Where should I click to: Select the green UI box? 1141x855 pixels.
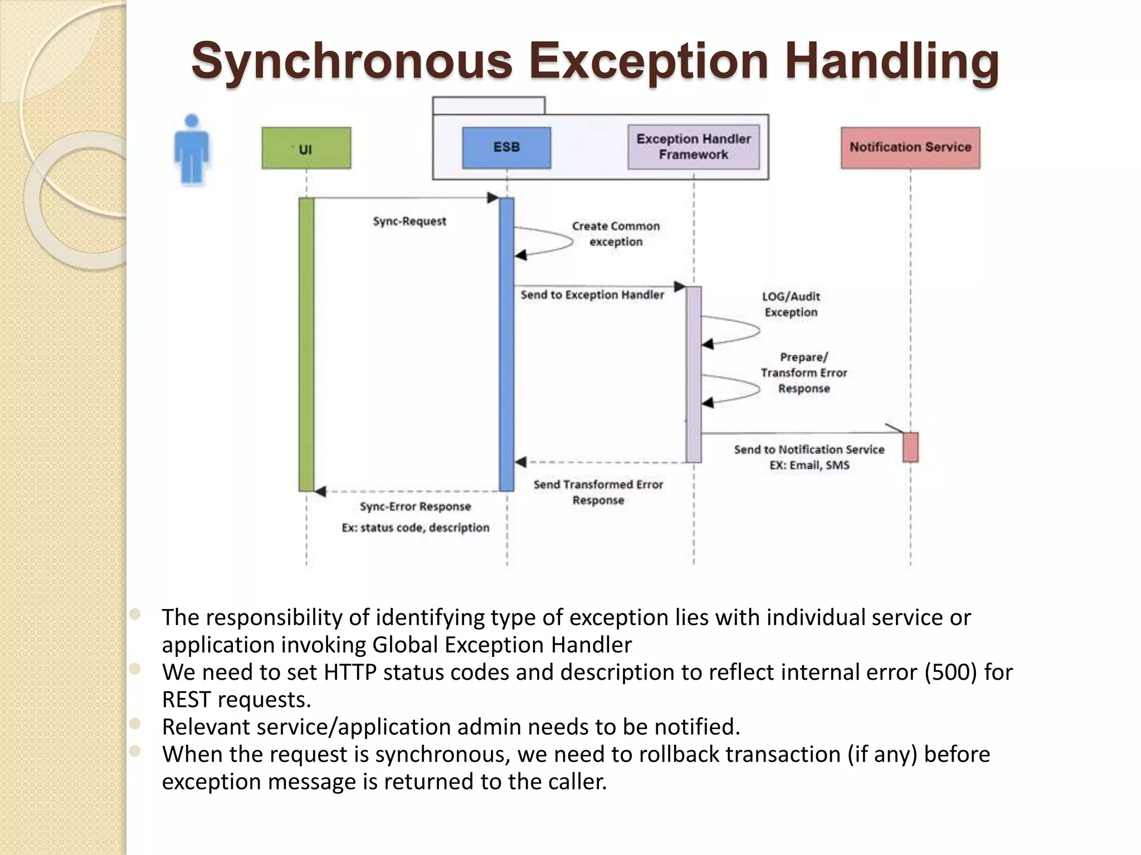click(306, 148)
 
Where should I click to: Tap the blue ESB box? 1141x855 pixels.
click(506, 148)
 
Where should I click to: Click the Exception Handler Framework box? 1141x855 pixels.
click(694, 147)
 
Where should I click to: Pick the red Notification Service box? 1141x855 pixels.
click(910, 148)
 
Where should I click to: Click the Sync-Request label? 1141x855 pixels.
click(409, 222)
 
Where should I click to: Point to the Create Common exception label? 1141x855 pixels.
click(616, 234)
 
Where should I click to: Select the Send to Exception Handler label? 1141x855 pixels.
click(592, 295)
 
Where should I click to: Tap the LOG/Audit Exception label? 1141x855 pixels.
click(791, 304)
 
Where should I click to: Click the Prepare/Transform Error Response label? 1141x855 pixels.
click(804, 372)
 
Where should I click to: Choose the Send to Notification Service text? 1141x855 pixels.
click(809, 450)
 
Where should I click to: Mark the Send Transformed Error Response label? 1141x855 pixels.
click(598, 492)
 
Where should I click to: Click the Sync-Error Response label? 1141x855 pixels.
click(415, 507)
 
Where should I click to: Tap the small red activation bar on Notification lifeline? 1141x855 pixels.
click(910, 447)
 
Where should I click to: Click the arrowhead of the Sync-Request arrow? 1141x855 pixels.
click(493, 198)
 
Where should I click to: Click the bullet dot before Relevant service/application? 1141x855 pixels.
click(135, 724)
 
